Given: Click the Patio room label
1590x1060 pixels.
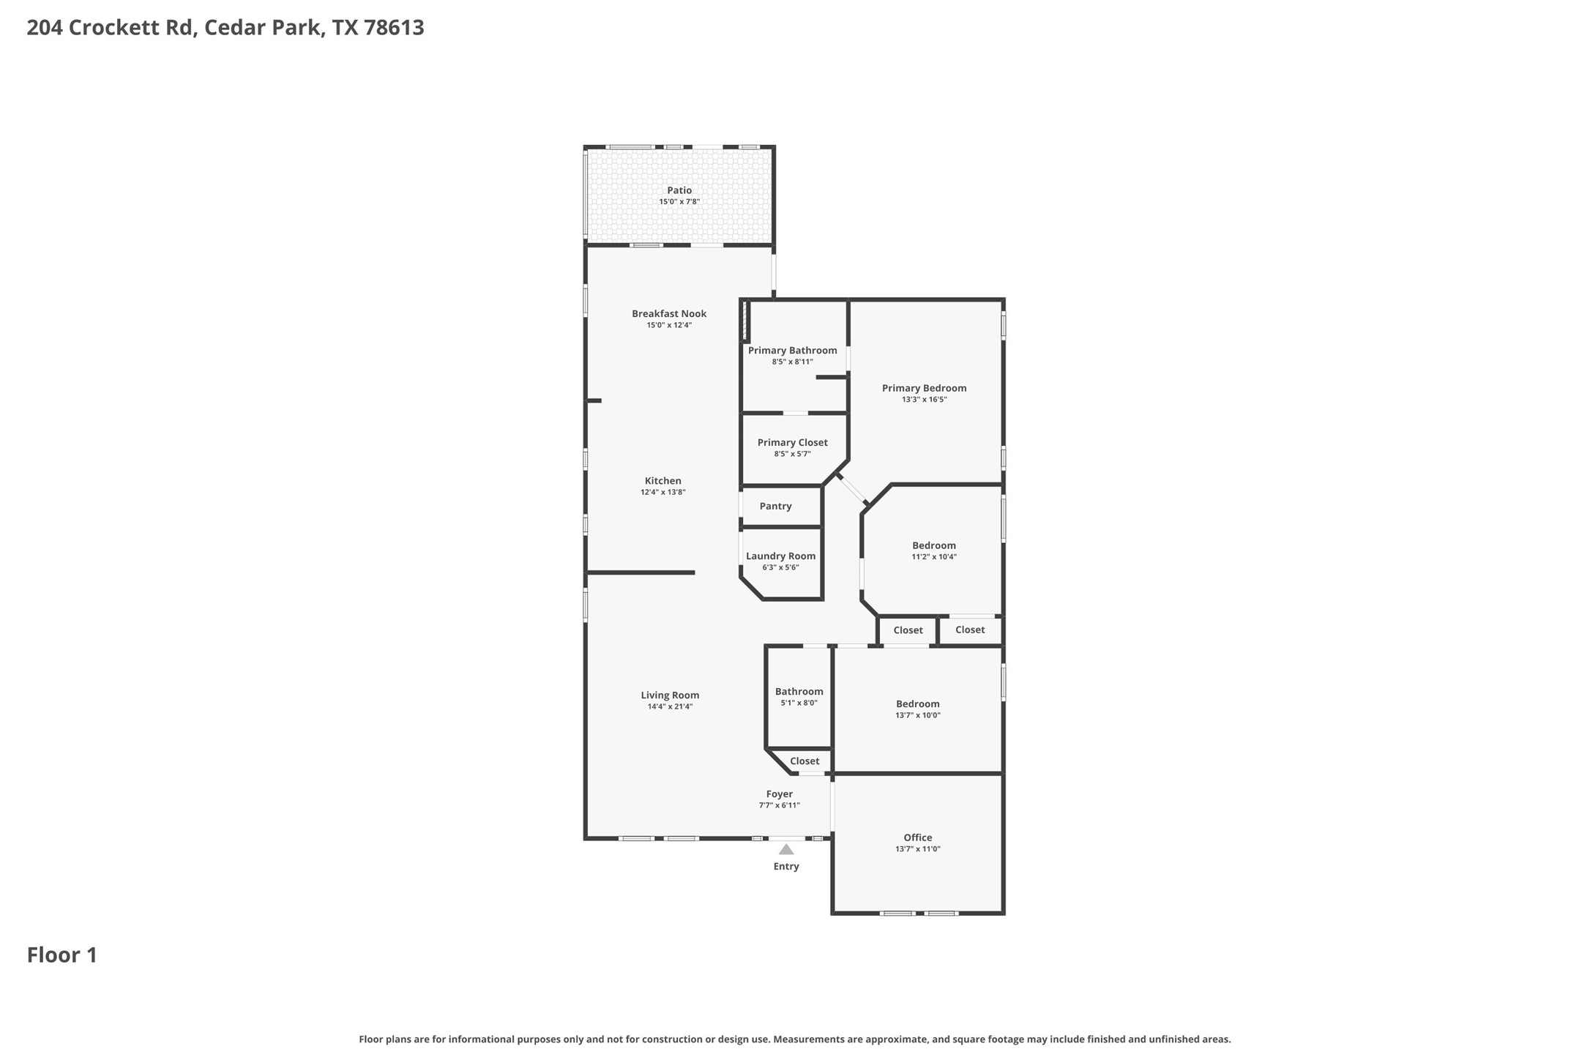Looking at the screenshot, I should [x=679, y=190].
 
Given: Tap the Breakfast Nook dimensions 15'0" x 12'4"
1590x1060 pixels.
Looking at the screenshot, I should [x=668, y=325].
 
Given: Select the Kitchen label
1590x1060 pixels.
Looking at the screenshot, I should [x=662, y=481].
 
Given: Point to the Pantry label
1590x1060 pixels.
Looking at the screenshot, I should [x=775, y=507].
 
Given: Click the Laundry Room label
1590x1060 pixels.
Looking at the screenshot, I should [x=780, y=556].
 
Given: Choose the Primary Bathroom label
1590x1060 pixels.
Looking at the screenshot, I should [x=792, y=351].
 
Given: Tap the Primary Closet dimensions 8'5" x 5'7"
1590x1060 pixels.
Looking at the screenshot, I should [x=792, y=454].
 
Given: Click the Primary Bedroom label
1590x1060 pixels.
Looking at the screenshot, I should [x=924, y=389].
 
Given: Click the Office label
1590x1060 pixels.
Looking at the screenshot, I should [x=917, y=837].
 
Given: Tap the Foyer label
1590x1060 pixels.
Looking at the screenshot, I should [x=779, y=794].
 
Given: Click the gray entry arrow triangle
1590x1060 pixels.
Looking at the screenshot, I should [x=785, y=850].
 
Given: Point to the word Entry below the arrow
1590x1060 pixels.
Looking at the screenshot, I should [x=785, y=867].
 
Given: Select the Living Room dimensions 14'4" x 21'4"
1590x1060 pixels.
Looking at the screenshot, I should [x=669, y=707].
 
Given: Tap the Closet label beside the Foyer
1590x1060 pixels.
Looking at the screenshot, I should [x=804, y=761].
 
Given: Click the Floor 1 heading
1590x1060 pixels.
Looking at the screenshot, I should [x=62, y=955].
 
